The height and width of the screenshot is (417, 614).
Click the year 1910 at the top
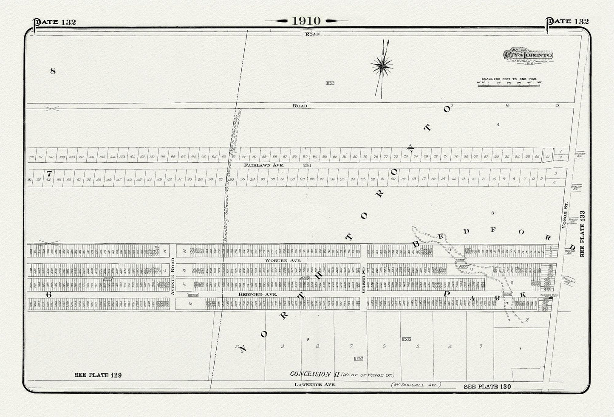point(306,21)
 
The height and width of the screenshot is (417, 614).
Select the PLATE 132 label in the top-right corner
point(568,22)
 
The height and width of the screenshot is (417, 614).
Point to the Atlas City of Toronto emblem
point(528,55)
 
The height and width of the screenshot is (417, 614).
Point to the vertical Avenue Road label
point(173,276)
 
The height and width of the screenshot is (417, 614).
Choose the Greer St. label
point(364,280)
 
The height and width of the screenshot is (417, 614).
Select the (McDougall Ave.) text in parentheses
point(416,385)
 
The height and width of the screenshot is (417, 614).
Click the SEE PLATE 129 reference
point(98,375)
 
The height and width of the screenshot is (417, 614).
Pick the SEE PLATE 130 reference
point(487,386)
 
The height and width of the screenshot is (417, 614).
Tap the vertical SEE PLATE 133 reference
point(582,234)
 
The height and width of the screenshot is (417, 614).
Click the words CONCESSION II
point(310,374)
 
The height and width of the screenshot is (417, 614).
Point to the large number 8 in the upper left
point(53,71)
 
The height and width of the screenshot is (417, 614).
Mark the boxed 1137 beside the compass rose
point(330,83)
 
